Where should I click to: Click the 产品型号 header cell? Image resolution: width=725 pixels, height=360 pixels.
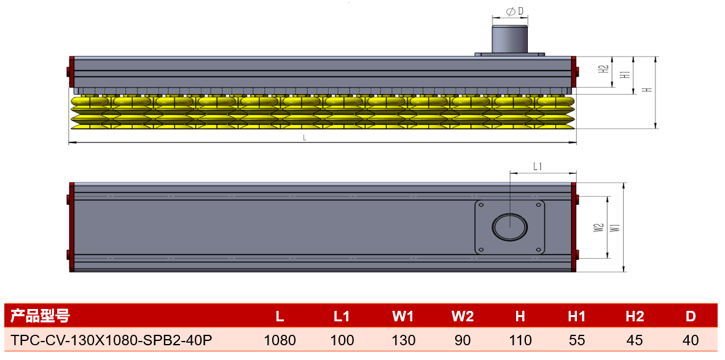[x=38, y=316]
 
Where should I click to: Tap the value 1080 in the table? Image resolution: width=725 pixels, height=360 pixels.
[x=280, y=340]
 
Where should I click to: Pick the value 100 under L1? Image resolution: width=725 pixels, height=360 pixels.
[x=342, y=340]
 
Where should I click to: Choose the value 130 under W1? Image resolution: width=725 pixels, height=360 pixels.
[x=403, y=340]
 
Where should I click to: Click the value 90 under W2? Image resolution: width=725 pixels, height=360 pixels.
[x=463, y=340]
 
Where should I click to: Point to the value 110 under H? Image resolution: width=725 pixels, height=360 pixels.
[x=520, y=340]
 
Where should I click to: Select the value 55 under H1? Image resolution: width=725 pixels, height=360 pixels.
[x=576, y=340]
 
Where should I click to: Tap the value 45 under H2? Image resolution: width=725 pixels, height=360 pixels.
[x=635, y=340]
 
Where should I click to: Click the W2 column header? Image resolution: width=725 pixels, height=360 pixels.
[x=463, y=316]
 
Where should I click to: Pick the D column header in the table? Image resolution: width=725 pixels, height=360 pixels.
[x=691, y=316]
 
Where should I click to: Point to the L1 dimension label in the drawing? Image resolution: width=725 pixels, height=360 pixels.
[x=538, y=166]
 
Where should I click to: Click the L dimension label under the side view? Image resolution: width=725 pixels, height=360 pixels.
[x=305, y=138]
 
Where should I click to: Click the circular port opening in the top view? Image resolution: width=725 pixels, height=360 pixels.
[x=509, y=227]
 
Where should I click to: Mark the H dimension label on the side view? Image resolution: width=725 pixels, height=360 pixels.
[x=648, y=90]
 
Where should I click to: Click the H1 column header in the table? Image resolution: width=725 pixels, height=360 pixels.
[x=576, y=316]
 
